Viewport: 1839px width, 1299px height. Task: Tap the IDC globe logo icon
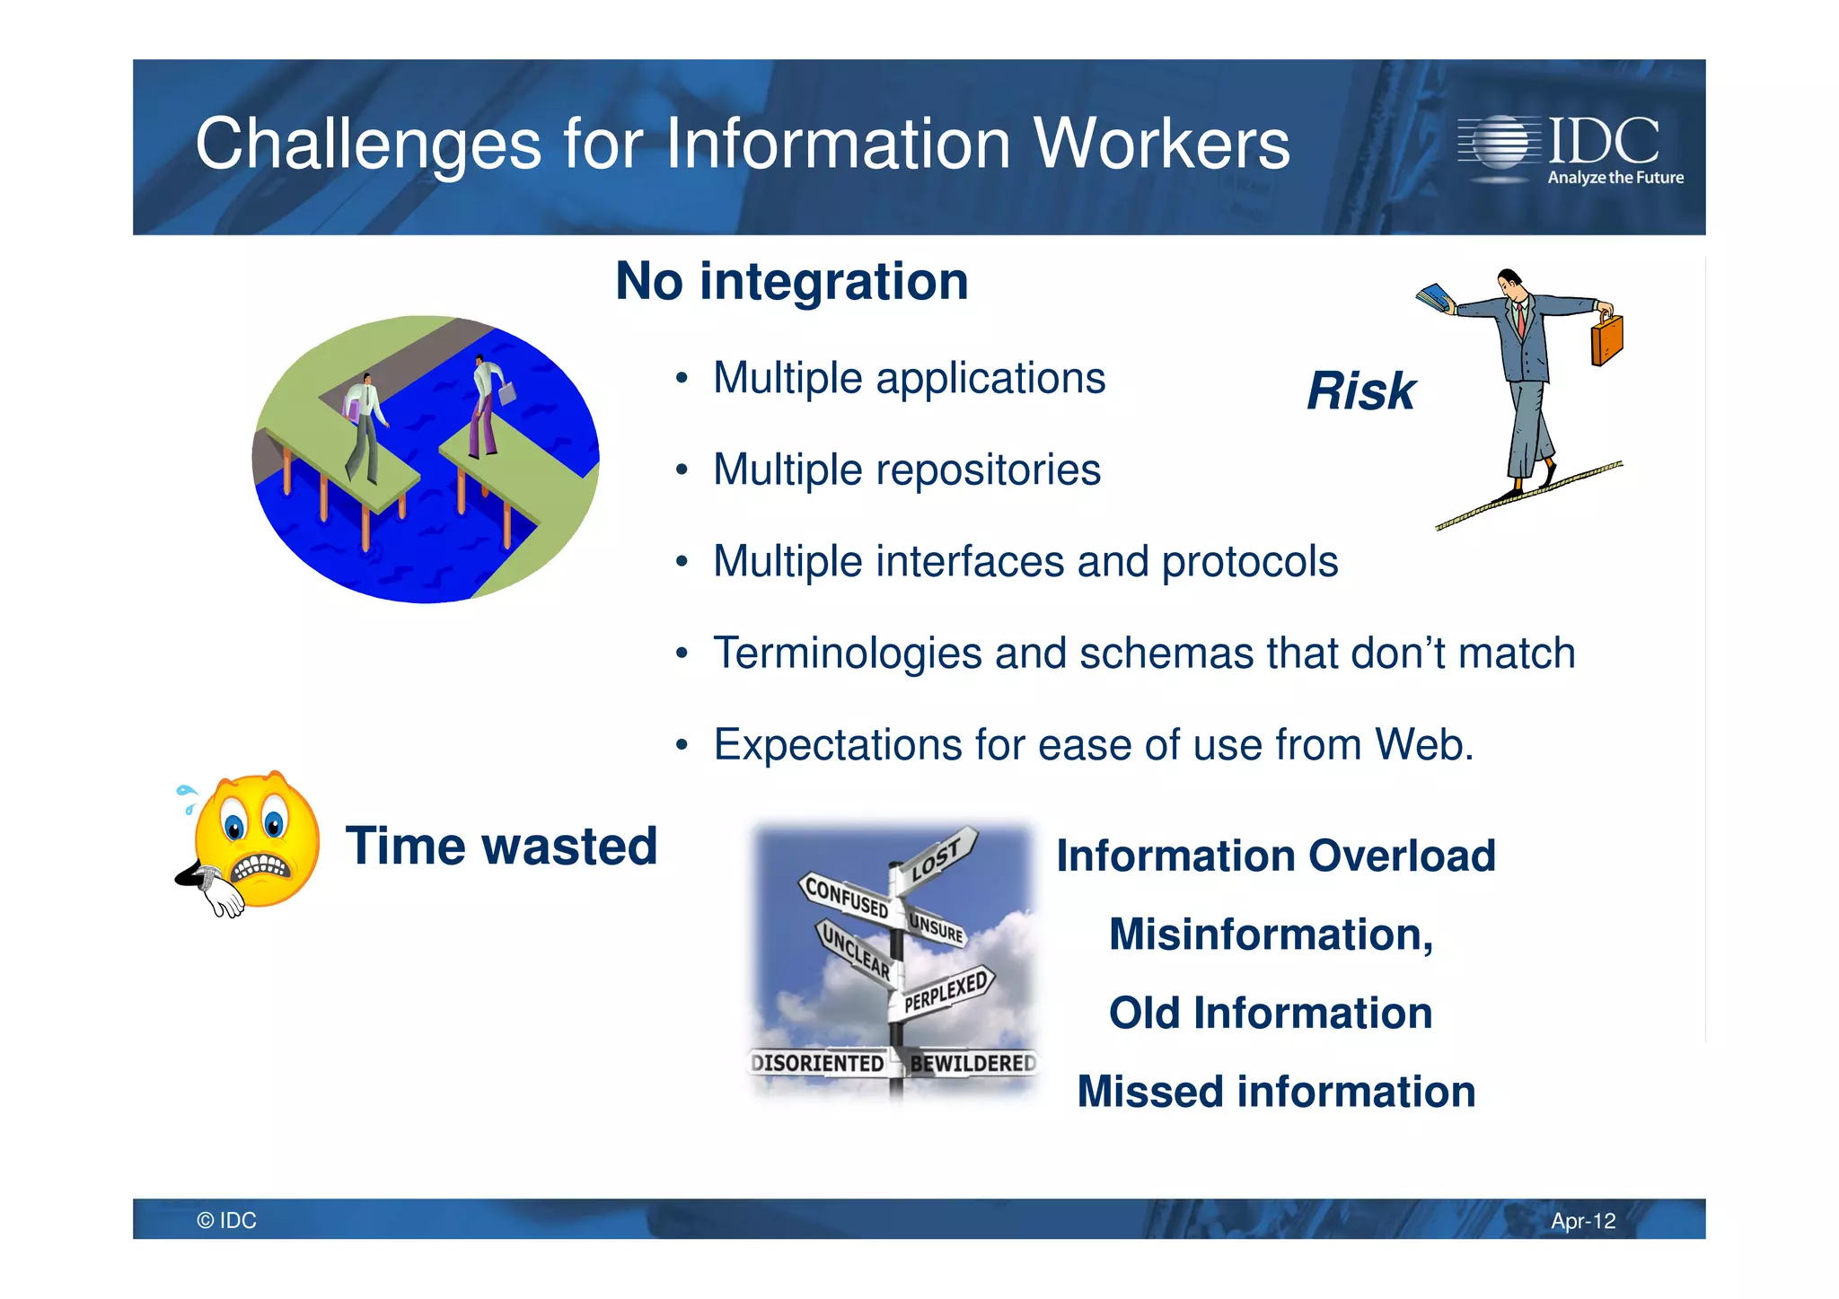(x=1498, y=142)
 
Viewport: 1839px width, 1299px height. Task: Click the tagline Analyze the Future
(x=1615, y=178)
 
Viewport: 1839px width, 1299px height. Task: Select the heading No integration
(x=792, y=281)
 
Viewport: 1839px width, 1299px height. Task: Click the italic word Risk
(x=1360, y=391)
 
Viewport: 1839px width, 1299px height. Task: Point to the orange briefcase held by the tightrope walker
(x=1606, y=339)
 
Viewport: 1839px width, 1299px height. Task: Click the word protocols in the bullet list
(x=1249, y=562)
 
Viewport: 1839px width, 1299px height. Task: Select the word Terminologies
(x=847, y=654)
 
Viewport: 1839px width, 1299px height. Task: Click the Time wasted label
(x=501, y=846)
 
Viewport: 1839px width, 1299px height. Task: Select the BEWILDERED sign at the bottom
(x=972, y=1063)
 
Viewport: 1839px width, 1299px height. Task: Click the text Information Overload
(x=1275, y=856)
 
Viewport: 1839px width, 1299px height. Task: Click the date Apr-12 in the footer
(x=1582, y=1221)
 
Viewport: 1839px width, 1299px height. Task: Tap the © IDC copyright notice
(x=226, y=1221)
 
